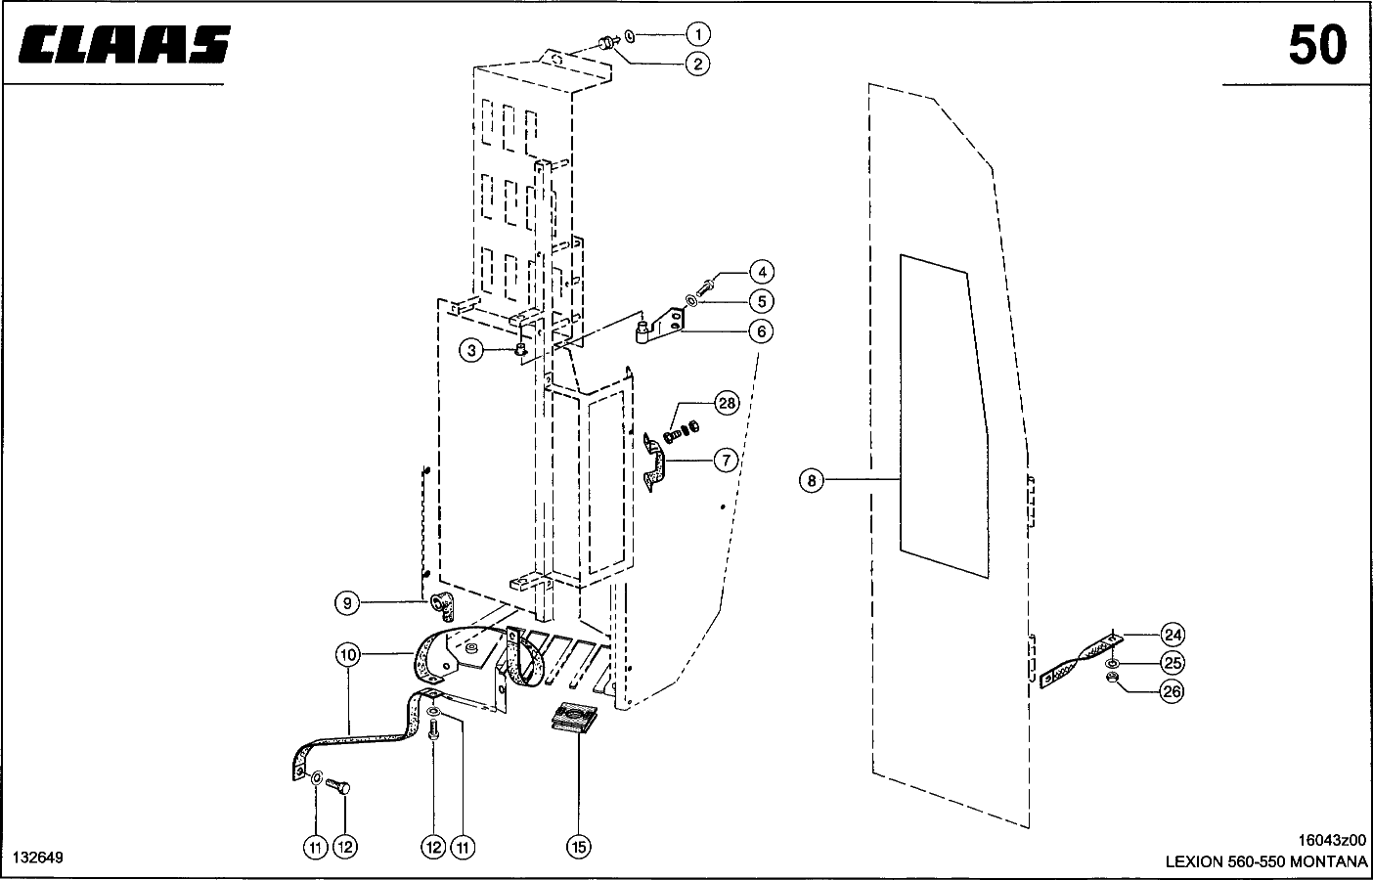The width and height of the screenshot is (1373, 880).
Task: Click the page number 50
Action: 1316,46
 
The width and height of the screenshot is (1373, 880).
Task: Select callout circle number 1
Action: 696,34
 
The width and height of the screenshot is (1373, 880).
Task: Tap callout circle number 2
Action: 696,65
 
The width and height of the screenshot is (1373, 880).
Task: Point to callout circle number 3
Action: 472,349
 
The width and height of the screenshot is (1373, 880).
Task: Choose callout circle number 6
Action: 761,331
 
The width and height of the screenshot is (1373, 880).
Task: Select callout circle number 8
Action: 812,480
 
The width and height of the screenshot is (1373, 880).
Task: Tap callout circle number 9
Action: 347,603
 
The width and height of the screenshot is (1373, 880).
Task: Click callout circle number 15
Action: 578,847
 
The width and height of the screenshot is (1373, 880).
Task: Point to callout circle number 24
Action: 1172,632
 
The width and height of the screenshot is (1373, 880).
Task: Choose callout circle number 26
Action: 1172,692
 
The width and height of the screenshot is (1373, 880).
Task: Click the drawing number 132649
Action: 38,858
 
